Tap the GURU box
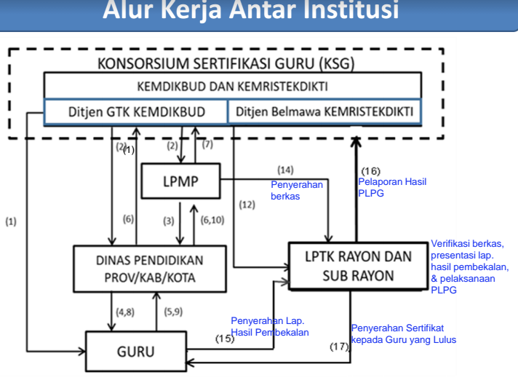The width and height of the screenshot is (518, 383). (x=135, y=352)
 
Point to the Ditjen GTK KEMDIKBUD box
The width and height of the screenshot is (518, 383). (x=136, y=112)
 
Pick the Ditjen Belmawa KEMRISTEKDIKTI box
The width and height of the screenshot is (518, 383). (x=322, y=112)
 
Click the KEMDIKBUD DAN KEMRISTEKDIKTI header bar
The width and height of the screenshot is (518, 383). (x=231, y=87)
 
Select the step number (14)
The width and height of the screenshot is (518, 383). (x=285, y=170)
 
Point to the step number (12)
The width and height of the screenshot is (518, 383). (x=247, y=205)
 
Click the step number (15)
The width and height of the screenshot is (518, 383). (x=225, y=338)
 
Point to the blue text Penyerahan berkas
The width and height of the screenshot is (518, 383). (x=296, y=190)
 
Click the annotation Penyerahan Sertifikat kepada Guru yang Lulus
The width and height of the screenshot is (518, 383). (x=403, y=333)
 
